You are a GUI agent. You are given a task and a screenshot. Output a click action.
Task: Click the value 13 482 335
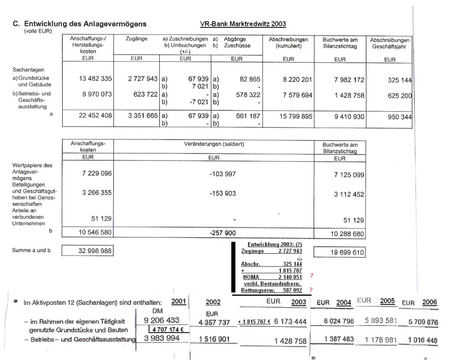96,79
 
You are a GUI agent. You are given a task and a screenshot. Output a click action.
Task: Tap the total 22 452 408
96,116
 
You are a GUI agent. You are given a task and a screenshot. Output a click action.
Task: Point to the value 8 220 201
298,79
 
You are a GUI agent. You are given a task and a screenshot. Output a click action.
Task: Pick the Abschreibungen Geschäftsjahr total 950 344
397,117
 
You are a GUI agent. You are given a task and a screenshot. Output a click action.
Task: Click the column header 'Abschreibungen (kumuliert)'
288,42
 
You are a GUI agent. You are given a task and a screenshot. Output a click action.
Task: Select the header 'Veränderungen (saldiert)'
214,144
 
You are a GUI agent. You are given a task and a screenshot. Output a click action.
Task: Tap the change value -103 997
222,174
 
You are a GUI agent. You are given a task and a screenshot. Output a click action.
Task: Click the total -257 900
222,232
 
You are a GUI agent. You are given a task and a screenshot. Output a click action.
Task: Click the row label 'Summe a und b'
31,251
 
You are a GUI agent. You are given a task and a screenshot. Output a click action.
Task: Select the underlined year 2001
178,301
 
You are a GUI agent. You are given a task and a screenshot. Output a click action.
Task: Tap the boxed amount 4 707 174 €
167,330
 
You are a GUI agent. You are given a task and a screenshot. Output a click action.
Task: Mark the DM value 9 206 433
162,321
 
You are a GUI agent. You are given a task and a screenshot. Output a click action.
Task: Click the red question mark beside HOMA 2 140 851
312,276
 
